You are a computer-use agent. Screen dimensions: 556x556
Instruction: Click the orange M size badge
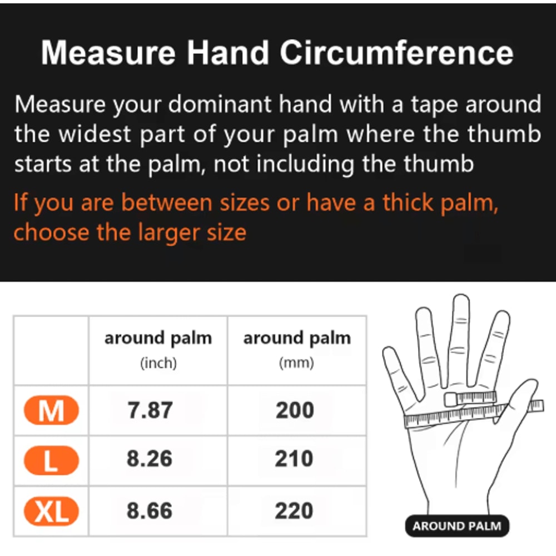point(51,411)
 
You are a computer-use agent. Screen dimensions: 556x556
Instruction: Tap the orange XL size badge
point(51,511)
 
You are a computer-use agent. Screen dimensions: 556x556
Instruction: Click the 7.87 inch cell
point(150,411)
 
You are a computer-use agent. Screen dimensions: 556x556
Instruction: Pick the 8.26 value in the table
point(150,459)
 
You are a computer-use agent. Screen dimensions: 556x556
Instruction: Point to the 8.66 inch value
point(150,511)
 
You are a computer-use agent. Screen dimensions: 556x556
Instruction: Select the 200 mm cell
point(295,411)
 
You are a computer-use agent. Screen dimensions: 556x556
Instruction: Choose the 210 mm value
point(295,459)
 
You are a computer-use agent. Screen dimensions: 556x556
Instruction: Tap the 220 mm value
point(295,511)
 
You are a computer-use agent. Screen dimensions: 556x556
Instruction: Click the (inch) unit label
point(158,363)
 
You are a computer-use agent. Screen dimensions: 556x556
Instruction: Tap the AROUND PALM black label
point(456,526)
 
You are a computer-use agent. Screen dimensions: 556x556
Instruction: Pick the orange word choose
point(51,232)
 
